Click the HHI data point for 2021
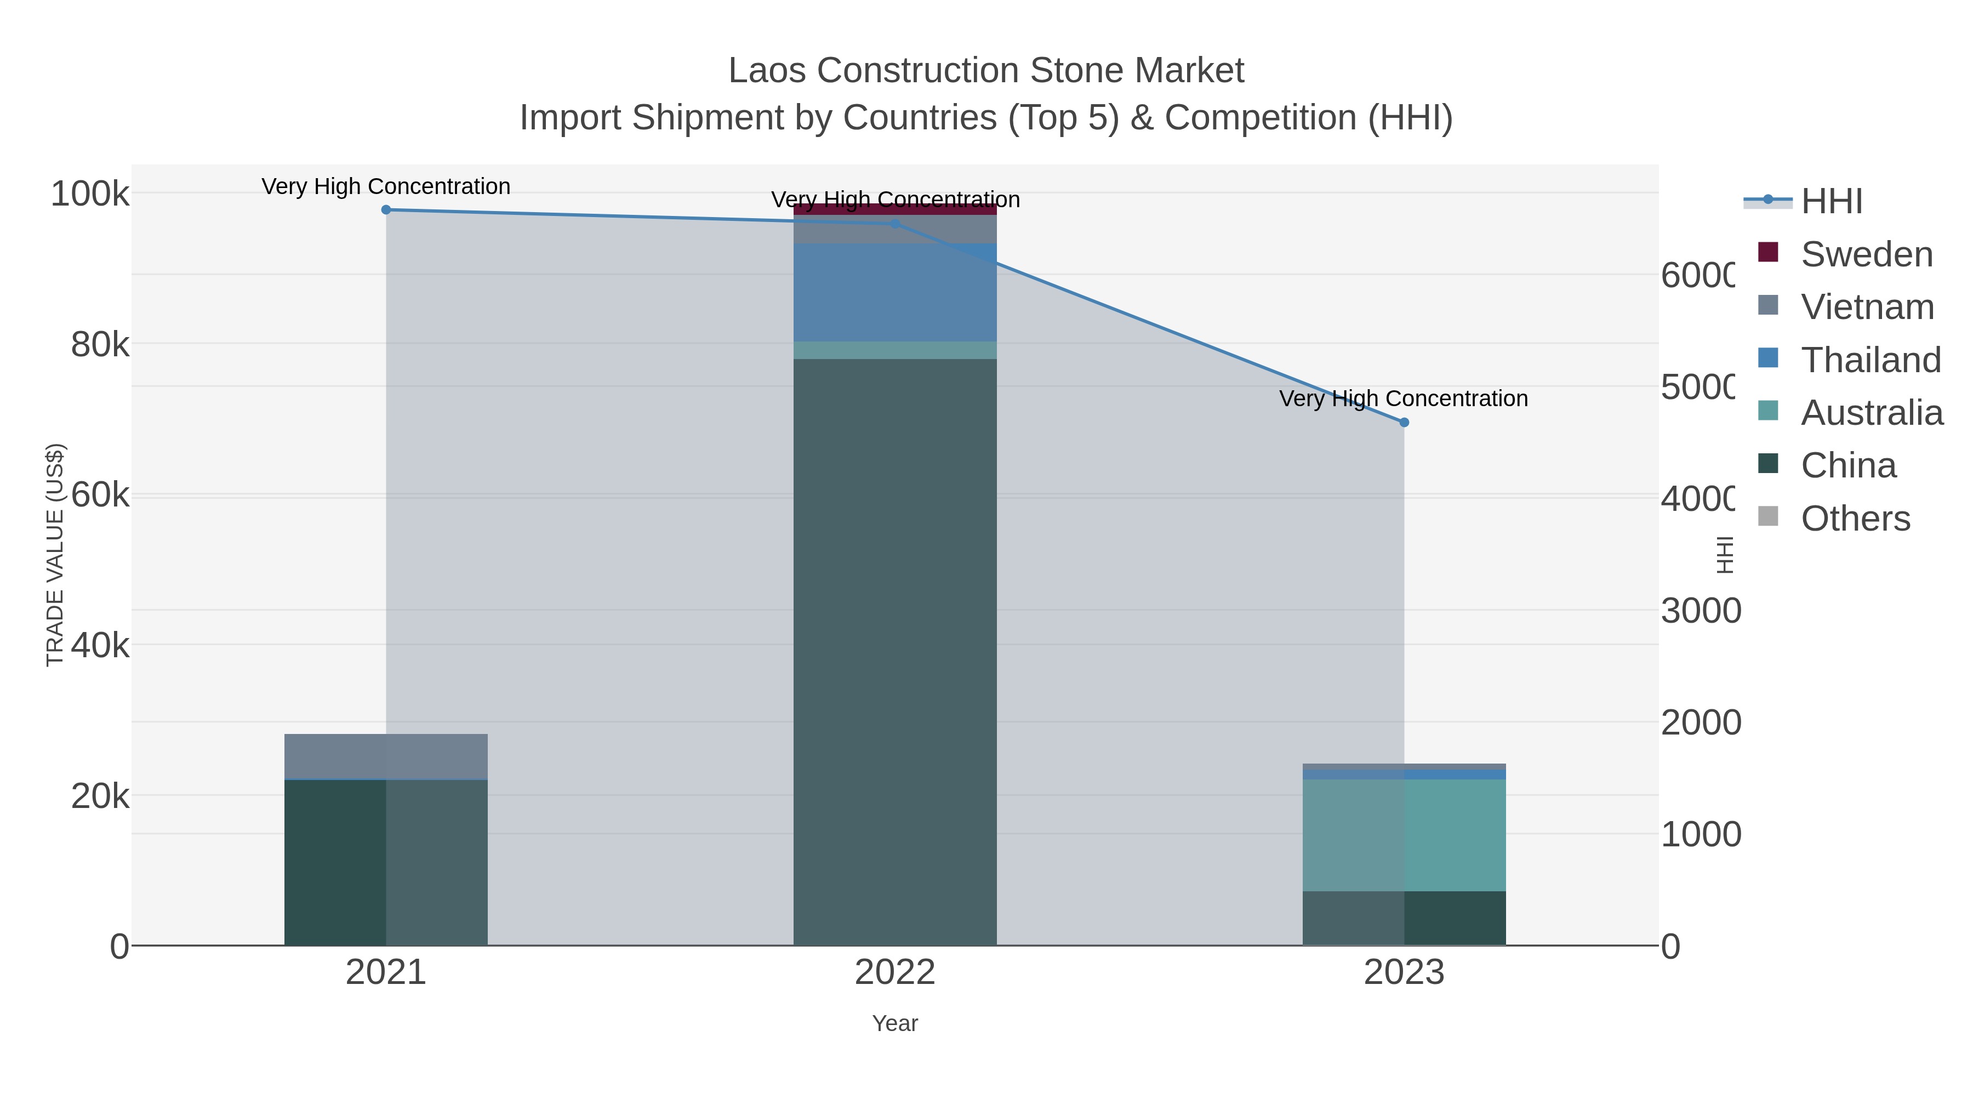click(386, 210)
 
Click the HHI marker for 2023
click(1404, 422)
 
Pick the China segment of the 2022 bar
click(894, 651)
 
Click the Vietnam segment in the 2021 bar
click(386, 757)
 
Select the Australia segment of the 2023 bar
click(1404, 835)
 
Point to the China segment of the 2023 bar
click(1404, 918)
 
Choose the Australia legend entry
click(1871, 413)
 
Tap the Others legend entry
click(1855, 519)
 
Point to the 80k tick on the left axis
click(100, 345)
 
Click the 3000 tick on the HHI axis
click(1700, 611)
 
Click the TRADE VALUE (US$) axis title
click(55, 555)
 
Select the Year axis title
click(894, 1023)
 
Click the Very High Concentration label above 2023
click(1403, 399)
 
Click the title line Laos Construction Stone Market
click(986, 71)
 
